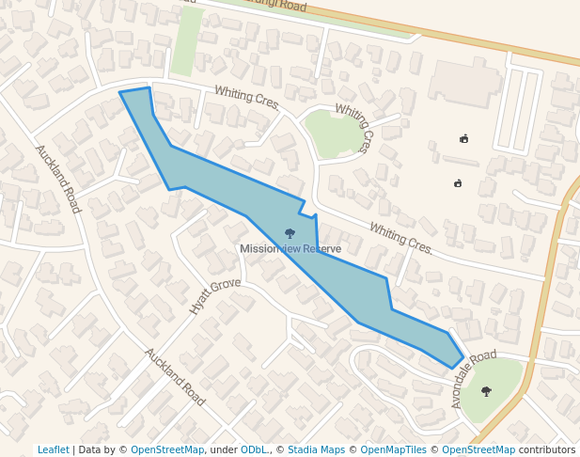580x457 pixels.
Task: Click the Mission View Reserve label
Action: coord(290,249)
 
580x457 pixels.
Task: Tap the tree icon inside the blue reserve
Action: coord(290,232)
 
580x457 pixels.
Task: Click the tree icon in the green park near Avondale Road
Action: coord(486,391)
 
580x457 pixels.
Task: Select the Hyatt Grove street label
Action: coord(214,295)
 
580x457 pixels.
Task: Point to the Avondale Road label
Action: coord(473,378)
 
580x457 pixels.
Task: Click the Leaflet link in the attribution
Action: coord(53,450)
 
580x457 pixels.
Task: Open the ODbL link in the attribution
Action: coord(254,450)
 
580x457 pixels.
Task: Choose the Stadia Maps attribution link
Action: coord(316,450)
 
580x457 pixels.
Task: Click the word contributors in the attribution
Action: coord(547,450)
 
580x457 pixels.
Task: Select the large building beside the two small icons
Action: coord(464,84)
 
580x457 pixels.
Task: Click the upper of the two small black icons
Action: coord(463,139)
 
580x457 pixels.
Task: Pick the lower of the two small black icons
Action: coord(458,183)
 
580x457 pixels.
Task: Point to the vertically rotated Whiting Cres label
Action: coord(353,128)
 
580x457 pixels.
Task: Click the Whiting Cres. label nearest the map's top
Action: coord(247,97)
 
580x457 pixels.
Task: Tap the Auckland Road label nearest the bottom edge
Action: coord(175,376)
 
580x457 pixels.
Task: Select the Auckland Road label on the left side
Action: coord(57,179)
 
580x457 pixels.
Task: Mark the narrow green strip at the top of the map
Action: coord(186,41)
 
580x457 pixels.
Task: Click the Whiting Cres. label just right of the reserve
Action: coord(401,239)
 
